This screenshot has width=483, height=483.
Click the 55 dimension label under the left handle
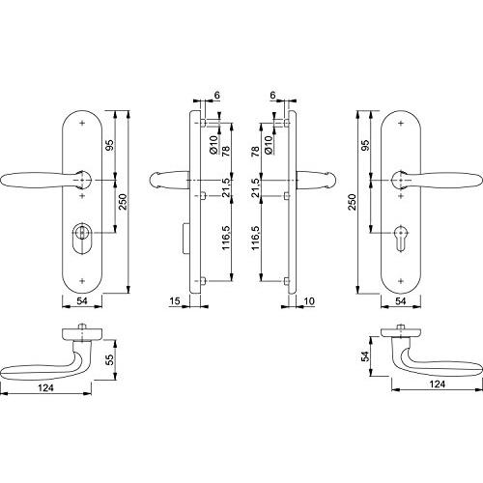(x=110, y=359)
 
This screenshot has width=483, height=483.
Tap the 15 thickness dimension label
(x=174, y=301)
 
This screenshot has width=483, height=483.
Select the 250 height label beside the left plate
(x=123, y=202)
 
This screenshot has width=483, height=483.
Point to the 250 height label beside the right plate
(x=353, y=202)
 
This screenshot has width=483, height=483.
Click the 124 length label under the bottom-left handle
(x=45, y=387)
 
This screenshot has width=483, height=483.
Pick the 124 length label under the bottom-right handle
(x=438, y=384)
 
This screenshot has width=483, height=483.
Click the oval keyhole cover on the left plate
(x=82, y=238)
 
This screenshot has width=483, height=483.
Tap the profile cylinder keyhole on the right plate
(x=401, y=238)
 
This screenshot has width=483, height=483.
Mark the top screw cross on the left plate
(x=82, y=123)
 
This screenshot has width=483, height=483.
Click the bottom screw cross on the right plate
(x=401, y=281)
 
